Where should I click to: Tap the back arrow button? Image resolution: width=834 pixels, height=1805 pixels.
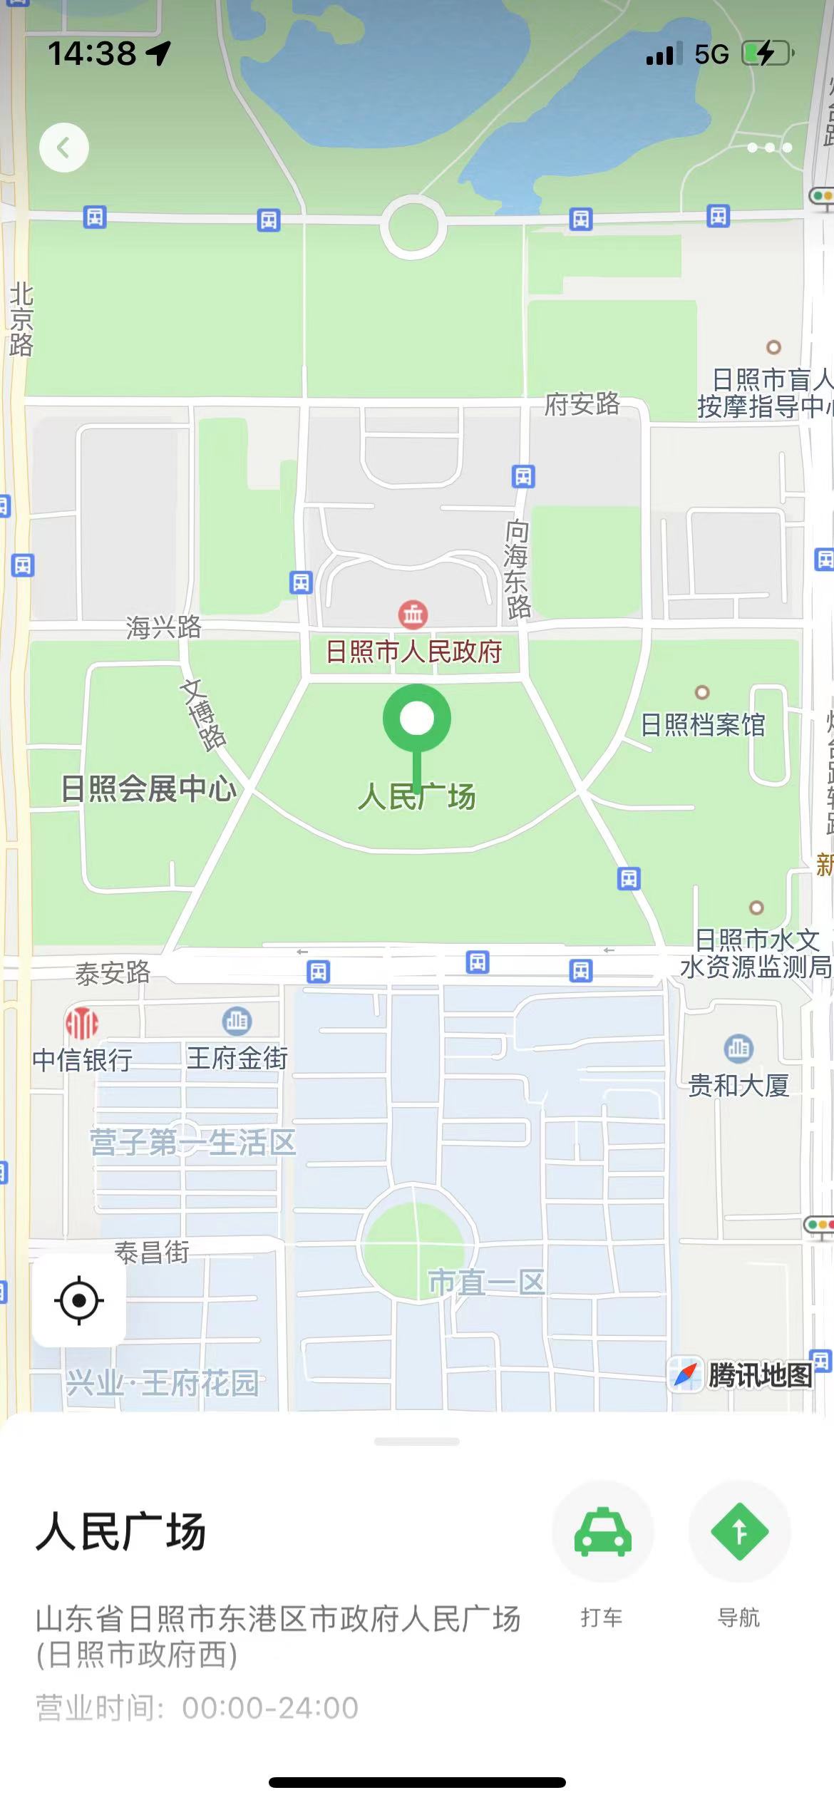click(x=64, y=148)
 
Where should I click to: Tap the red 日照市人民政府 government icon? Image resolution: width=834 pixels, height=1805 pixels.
click(x=413, y=613)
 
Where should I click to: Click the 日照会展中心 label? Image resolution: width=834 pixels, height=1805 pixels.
click(x=148, y=788)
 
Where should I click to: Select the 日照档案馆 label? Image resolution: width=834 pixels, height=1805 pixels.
click(x=703, y=725)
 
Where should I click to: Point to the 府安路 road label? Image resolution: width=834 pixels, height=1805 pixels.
click(x=582, y=404)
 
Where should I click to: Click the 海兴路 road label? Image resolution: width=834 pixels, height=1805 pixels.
click(x=164, y=627)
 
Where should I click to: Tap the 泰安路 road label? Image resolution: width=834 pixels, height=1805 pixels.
click(x=113, y=972)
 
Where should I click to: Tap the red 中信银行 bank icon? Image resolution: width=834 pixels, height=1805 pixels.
click(x=82, y=1024)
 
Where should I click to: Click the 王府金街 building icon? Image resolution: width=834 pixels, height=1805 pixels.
click(x=237, y=1021)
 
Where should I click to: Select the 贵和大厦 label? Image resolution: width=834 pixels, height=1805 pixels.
click(x=738, y=1085)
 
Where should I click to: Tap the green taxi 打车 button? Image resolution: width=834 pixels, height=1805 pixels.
click(x=602, y=1531)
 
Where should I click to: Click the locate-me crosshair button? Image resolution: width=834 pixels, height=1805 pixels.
click(x=79, y=1300)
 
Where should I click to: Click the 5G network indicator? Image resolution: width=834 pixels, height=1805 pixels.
click(x=711, y=54)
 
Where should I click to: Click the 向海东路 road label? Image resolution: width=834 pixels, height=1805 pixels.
click(x=518, y=568)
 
